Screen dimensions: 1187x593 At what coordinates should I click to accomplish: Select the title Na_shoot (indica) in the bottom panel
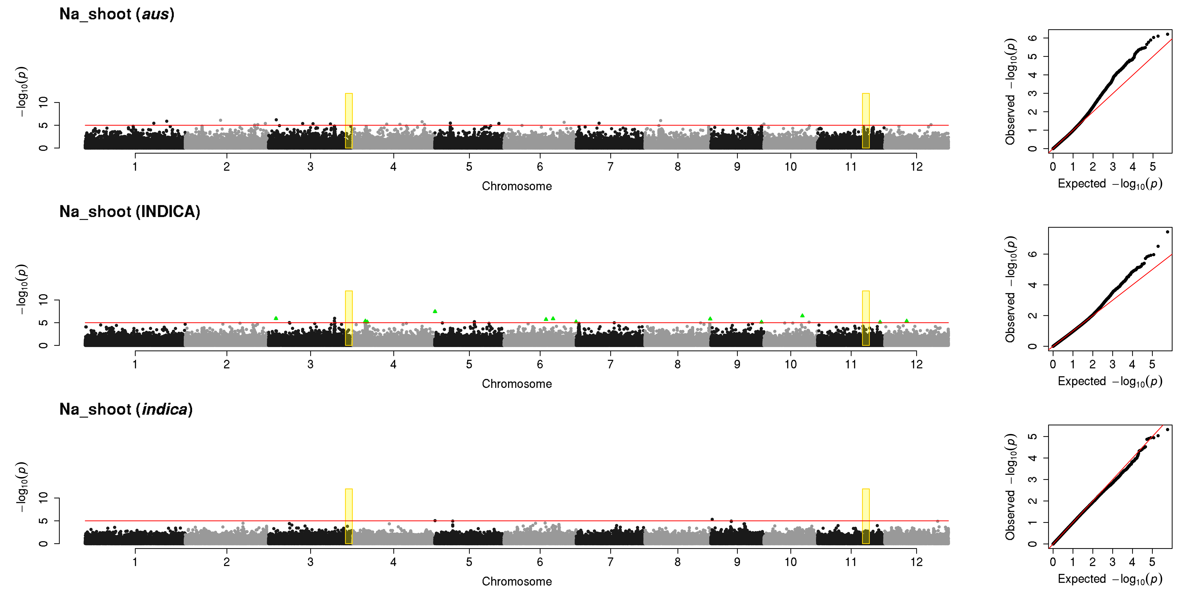[x=126, y=409]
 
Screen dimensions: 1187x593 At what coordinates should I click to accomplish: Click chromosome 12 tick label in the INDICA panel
[x=916, y=364]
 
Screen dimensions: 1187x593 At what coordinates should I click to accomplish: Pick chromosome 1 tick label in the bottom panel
[x=135, y=562]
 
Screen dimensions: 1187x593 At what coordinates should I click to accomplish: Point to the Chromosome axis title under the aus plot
[x=517, y=186]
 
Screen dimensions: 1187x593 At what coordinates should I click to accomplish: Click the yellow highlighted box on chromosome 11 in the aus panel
[x=866, y=121]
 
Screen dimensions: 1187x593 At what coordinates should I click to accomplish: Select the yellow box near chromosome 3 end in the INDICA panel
[x=349, y=318]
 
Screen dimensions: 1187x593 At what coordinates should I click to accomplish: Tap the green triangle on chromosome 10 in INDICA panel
[x=802, y=315]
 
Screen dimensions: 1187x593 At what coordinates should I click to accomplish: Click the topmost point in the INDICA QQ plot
[x=1167, y=232]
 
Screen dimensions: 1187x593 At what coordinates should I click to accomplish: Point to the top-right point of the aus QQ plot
[x=1167, y=34]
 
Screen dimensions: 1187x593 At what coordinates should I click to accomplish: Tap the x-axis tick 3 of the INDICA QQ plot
[x=1112, y=364]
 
